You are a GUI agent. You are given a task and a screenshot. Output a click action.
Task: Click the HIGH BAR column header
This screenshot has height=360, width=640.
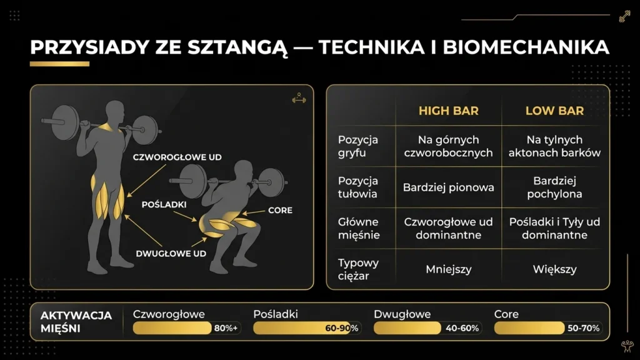[448, 111]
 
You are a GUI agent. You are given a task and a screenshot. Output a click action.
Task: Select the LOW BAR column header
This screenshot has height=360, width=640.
[554, 111]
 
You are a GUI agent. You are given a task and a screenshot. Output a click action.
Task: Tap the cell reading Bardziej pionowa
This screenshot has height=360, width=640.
[448, 187]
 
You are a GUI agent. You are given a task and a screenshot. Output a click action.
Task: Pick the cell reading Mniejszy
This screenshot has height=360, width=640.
[448, 270]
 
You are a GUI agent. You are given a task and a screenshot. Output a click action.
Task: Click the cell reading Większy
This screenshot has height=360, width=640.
[554, 270]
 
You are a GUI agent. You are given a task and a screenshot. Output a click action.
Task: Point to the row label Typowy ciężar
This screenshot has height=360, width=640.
[358, 269]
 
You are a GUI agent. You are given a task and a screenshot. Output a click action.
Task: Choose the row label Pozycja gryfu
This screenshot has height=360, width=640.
[358, 146]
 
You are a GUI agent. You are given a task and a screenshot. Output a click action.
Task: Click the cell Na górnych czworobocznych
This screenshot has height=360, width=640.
[448, 146]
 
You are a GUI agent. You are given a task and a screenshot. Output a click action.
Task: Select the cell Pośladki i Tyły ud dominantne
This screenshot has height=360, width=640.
[554, 228]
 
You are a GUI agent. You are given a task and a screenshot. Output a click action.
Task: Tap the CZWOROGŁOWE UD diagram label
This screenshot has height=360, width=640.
[177, 158]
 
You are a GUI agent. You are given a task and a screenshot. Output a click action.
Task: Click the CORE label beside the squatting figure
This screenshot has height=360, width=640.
[280, 211]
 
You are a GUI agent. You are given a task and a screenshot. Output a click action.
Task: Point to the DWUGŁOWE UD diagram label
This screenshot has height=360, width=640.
[171, 254]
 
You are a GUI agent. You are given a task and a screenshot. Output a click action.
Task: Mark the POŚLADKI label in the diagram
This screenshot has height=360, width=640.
[164, 204]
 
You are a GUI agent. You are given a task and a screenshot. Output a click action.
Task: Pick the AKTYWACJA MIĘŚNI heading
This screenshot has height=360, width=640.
[76, 321]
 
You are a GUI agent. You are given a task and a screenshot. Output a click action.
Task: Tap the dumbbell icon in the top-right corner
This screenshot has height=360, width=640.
[624, 17]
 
